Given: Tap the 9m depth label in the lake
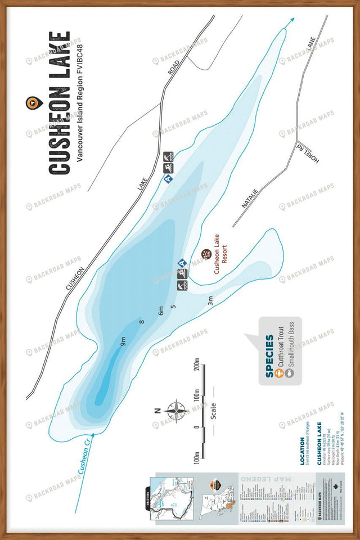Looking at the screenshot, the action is coord(123,340).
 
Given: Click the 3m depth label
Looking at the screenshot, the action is coord(210,300).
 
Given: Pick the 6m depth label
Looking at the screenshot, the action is coord(161,310).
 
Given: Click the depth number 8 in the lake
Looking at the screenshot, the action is coord(142,322).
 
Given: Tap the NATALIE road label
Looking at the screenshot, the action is coord(249,199).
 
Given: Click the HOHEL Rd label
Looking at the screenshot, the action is coord(307,154).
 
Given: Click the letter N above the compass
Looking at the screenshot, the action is coord(157,409).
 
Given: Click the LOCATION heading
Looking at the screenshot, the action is coord(304,449).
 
